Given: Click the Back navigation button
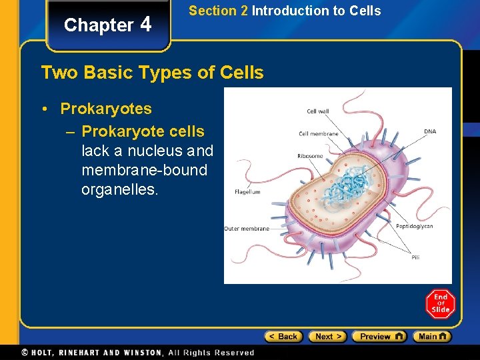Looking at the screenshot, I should [x=283, y=337].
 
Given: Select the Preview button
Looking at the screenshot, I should [x=379, y=337].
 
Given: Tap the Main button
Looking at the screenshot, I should [x=432, y=337].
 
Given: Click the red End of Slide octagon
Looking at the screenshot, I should [x=440, y=304].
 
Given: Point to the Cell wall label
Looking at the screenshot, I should [x=318, y=111].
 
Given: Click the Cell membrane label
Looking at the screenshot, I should [x=319, y=133].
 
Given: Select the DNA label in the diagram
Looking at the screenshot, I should [x=430, y=131].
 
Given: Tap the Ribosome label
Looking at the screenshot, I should [x=310, y=156].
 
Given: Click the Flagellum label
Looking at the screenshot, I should [x=247, y=192].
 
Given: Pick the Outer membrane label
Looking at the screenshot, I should [x=247, y=229].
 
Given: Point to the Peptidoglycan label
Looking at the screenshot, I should [x=414, y=226].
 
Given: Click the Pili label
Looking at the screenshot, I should [x=415, y=257].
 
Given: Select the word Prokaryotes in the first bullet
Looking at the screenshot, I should [x=106, y=109].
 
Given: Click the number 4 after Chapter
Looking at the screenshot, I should [x=146, y=25].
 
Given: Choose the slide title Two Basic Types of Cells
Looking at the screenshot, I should [x=152, y=72].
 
